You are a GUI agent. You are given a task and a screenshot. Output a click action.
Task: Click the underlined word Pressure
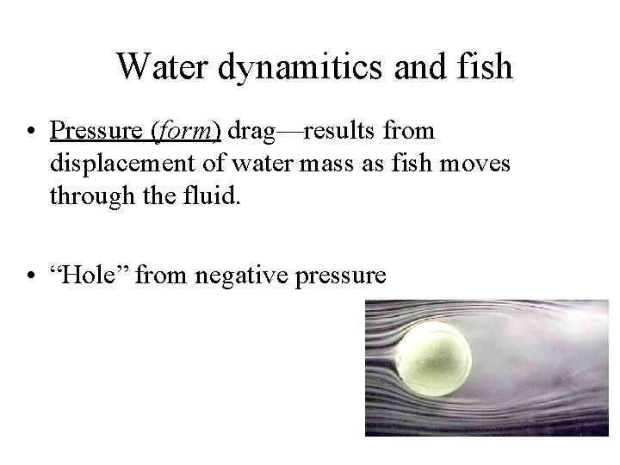(x=96, y=131)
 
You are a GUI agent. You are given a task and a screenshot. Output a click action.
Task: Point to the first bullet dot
(x=30, y=132)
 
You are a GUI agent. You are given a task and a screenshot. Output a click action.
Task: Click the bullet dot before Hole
(x=30, y=276)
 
